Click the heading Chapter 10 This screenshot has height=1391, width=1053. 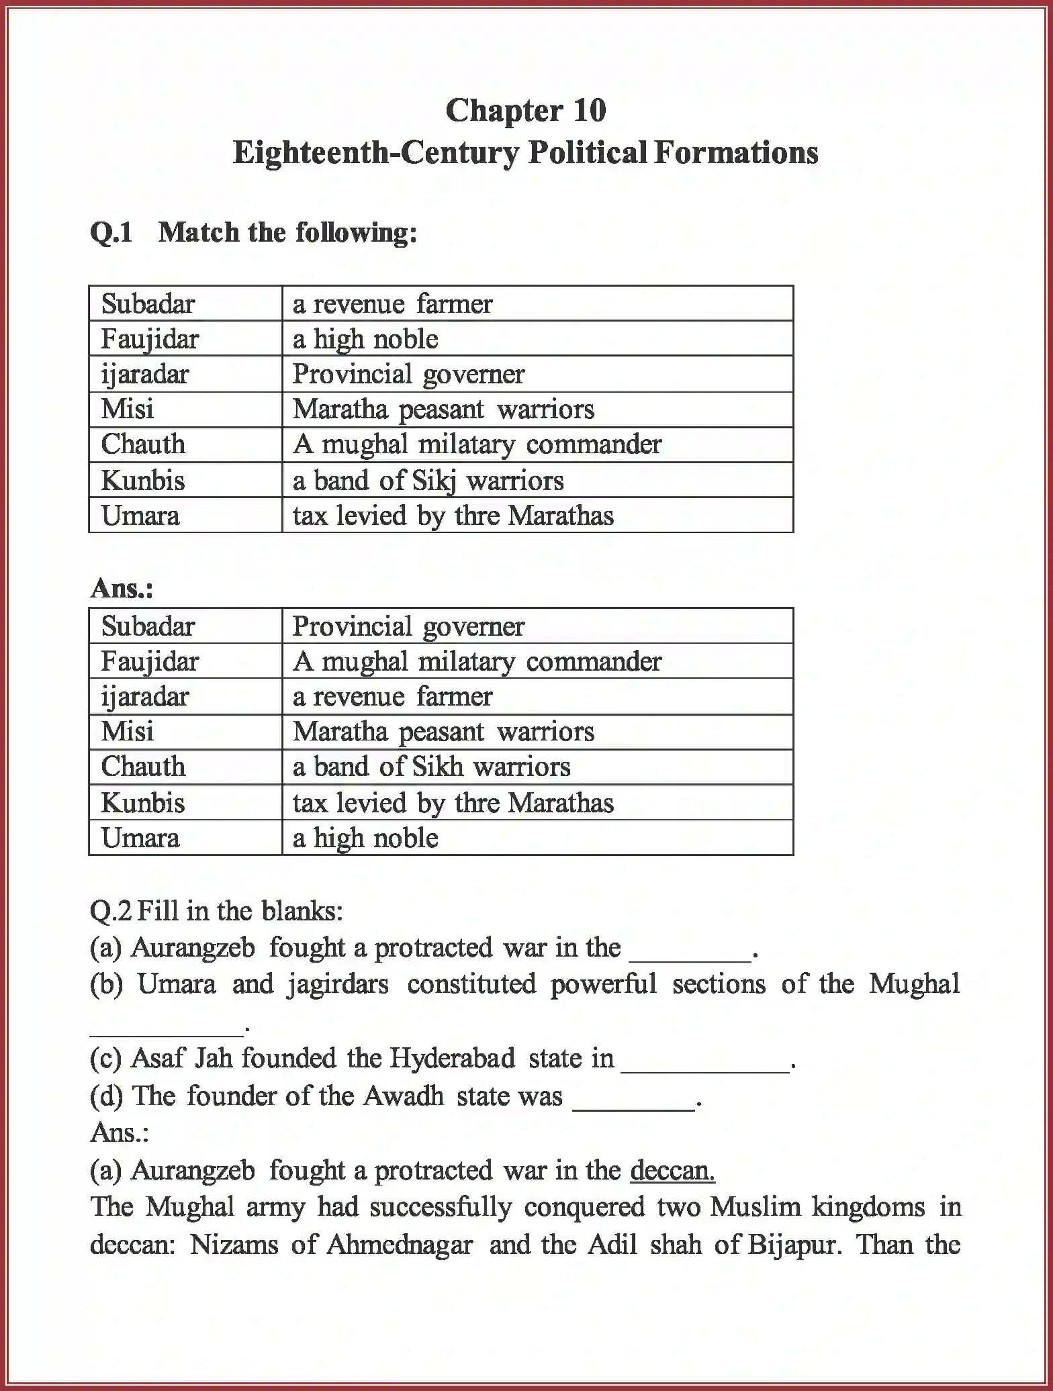point(526,111)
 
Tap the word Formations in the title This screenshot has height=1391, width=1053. point(736,153)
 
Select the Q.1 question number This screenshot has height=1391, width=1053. point(111,232)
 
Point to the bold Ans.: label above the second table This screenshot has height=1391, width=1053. point(122,588)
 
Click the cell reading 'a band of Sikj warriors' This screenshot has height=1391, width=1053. point(428,480)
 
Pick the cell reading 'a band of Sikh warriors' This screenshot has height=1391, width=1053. point(431,767)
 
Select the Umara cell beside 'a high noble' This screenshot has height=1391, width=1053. point(141,838)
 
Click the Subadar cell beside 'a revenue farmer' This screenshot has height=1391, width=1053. point(148,303)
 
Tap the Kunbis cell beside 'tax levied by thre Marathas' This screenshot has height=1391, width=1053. point(143,802)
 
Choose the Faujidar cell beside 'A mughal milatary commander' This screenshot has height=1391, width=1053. point(150,661)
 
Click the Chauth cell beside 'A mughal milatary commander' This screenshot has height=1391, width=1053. point(143,444)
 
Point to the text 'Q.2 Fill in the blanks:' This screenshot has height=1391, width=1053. point(216,911)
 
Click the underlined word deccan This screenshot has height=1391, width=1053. point(672,1171)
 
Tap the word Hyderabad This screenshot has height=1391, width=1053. point(452,1059)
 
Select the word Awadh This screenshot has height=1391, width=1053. point(404,1096)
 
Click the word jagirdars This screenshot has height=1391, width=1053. point(338,984)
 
